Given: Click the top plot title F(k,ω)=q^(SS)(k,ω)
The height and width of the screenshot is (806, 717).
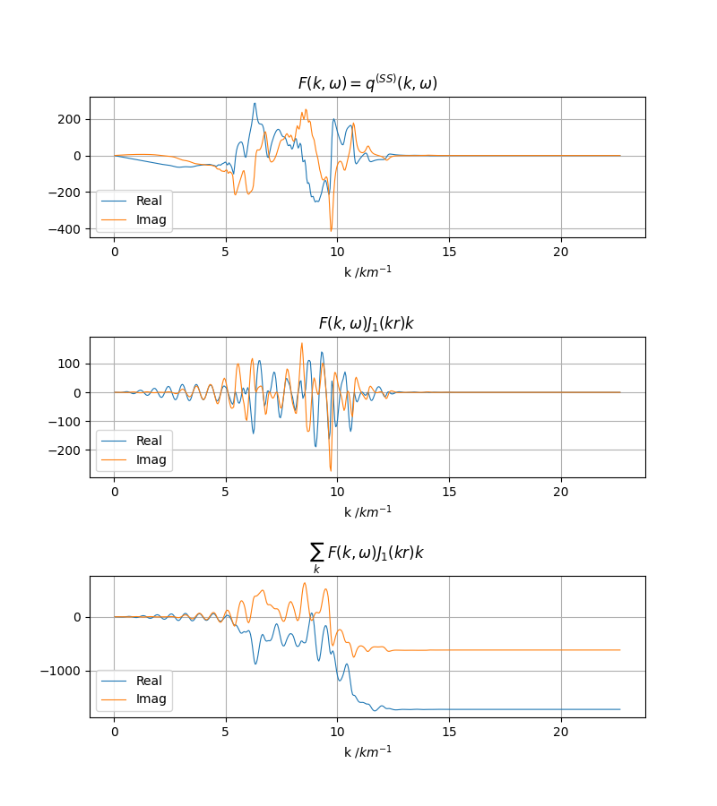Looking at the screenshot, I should [x=367, y=83].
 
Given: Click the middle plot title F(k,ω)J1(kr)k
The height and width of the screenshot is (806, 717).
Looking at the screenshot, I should [x=367, y=323].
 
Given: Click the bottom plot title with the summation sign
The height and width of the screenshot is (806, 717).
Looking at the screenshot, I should [x=367, y=555].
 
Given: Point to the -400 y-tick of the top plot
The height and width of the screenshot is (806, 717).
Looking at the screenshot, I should [x=67, y=228].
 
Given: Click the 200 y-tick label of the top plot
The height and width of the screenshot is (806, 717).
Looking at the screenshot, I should [x=71, y=119].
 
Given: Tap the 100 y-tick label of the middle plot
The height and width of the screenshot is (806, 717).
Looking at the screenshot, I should [x=71, y=364].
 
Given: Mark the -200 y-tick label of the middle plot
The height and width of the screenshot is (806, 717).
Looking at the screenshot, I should [x=67, y=450].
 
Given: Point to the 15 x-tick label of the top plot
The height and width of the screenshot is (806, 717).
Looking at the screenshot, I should [x=449, y=253].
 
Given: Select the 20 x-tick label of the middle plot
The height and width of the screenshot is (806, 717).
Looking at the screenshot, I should [x=561, y=492].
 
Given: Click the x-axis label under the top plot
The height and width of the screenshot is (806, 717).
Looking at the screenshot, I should [x=367, y=271].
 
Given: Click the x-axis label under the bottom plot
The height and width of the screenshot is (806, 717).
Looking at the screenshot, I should [x=367, y=750].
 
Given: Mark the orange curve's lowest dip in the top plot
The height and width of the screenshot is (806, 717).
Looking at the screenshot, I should [x=331, y=230].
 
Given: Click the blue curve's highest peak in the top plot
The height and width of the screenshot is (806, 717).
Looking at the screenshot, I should [x=255, y=103].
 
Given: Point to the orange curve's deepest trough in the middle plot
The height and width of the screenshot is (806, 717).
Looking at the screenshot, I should [x=331, y=470].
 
